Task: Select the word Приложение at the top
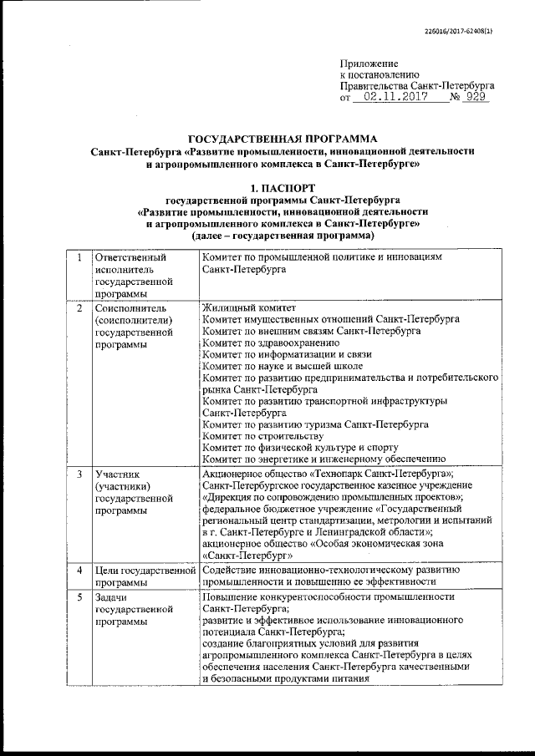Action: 369,63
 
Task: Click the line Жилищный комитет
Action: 242,309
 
